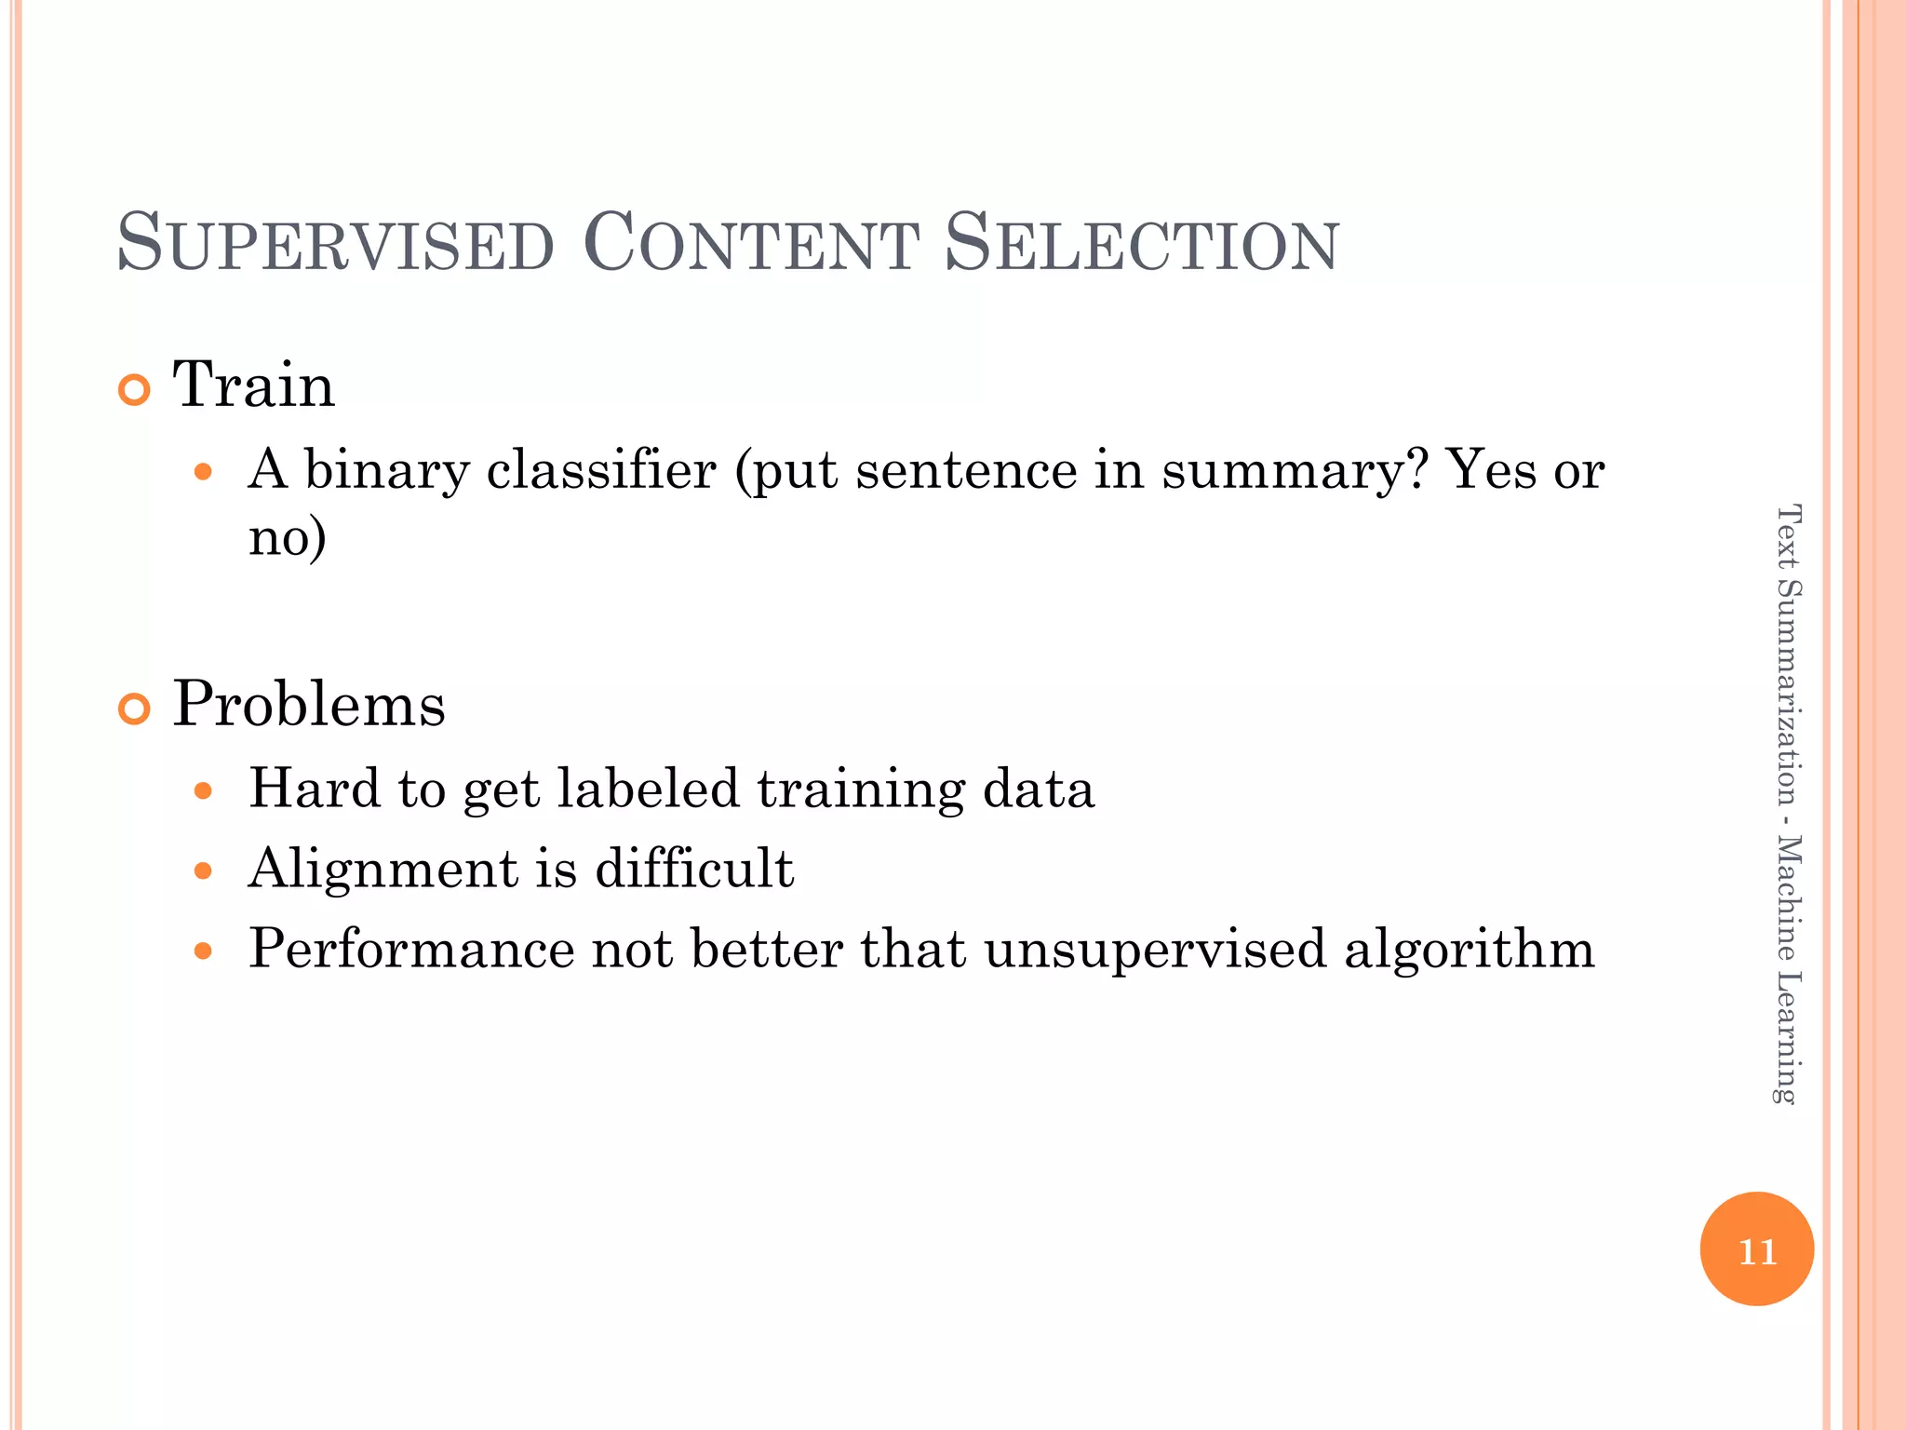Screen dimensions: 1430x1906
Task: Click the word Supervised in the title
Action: tap(336, 244)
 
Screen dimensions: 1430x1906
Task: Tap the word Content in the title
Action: tap(750, 244)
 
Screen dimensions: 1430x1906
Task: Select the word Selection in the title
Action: tap(1141, 244)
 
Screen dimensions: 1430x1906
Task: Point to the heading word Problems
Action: tap(309, 704)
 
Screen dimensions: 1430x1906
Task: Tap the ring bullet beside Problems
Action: tap(135, 710)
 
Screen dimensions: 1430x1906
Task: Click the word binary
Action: tap(386, 470)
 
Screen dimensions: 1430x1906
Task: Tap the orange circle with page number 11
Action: tap(1756, 1249)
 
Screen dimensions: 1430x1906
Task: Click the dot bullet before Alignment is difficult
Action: tap(204, 871)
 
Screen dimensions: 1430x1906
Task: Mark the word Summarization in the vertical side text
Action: tap(1788, 693)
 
